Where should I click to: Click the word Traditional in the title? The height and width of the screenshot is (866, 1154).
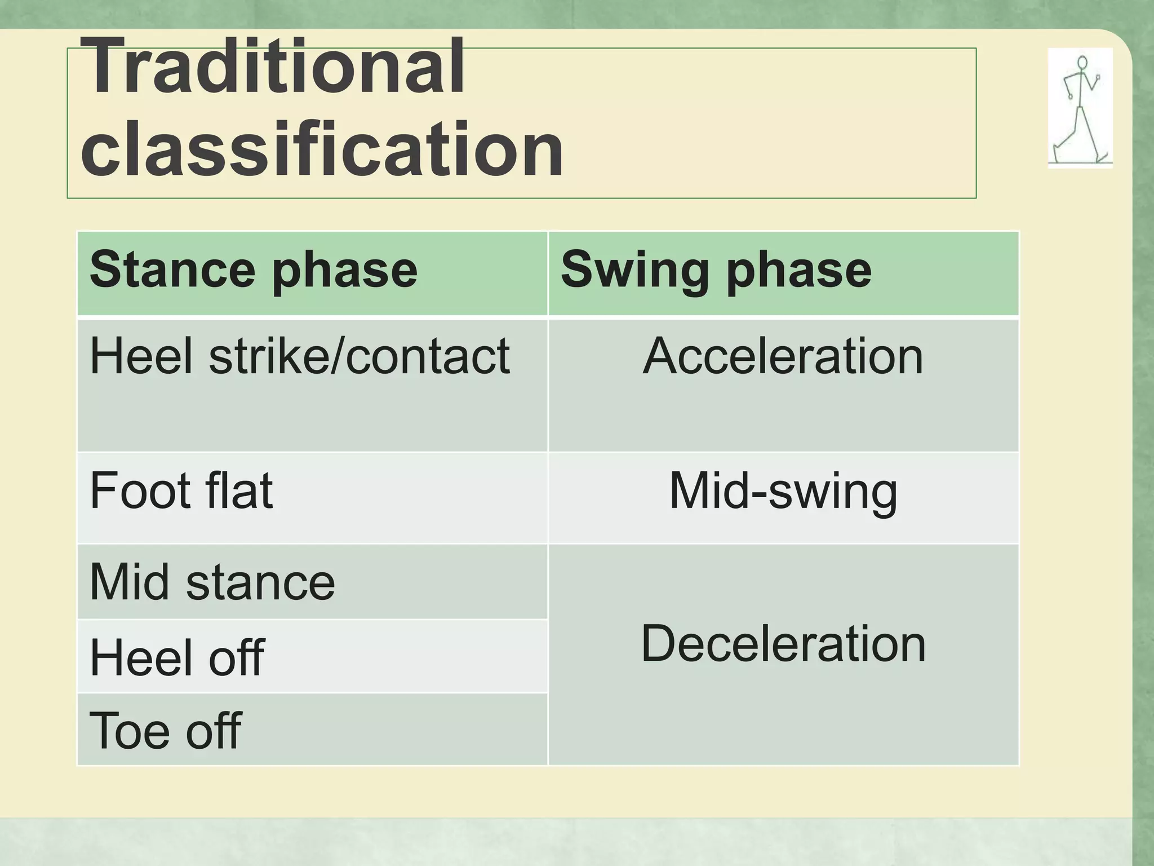(276, 67)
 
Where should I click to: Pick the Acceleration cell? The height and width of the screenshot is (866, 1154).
(783, 356)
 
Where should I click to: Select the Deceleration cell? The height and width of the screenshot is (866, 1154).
(783, 644)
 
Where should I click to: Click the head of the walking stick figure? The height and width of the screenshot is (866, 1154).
(1082, 63)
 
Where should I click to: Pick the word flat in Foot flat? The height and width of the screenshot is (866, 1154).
(239, 491)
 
